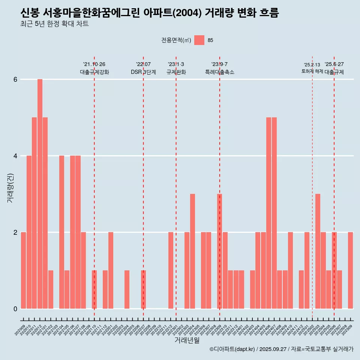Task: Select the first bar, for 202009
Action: pyautogui.click(x=23, y=270)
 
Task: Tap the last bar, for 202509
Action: pyautogui.click(x=350, y=270)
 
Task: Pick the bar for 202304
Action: pyautogui.click(x=192, y=251)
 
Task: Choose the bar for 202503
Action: pyautogui.click(x=318, y=251)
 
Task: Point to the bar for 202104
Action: pyautogui.click(x=61, y=232)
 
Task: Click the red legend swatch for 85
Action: pyautogui.click(x=199, y=40)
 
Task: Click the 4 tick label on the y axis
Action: pyautogui.click(x=15, y=156)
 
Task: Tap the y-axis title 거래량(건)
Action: pyautogui.click(x=10, y=187)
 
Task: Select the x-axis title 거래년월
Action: pyautogui.click(x=187, y=340)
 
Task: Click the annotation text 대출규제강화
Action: pyautogui.click(x=94, y=72)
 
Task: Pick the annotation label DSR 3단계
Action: pyautogui.click(x=143, y=72)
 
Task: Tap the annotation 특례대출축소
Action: pyautogui.click(x=220, y=72)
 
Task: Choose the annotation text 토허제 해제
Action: pyautogui.click(x=312, y=71)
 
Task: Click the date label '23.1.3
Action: pyautogui.click(x=176, y=64)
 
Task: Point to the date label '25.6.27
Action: pyautogui.click(x=334, y=64)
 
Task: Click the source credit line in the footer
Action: pyautogui.click(x=281, y=349)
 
